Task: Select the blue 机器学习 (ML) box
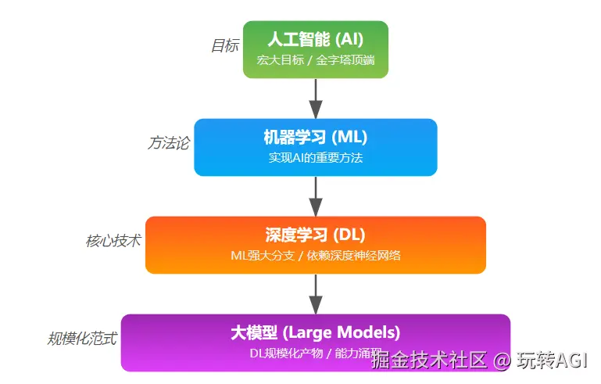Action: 315,147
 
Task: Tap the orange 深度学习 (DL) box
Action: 315,245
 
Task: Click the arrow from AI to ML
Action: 315,98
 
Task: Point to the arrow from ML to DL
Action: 315,196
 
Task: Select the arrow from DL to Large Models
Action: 315,293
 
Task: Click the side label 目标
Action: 224,46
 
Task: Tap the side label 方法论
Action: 168,144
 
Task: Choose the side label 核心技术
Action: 113,241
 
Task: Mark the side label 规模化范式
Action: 83,339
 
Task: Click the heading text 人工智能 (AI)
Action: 315,39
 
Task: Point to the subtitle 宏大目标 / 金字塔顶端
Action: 315,60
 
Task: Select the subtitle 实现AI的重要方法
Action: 315,158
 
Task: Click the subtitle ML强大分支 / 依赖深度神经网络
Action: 315,256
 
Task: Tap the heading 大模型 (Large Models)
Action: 315,332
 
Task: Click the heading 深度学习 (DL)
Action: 315,235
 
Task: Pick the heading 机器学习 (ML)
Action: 315,137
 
